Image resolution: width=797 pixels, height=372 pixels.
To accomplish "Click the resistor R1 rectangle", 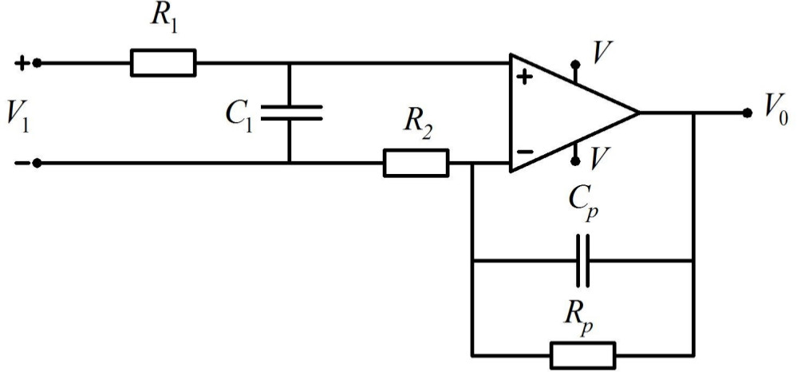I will (x=163, y=62).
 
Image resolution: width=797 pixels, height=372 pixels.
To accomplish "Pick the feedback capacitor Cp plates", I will (x=583, y=260).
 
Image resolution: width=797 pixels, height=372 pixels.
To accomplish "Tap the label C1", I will (x=238, y=116).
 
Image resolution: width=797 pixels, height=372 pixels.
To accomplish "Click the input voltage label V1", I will (x=18, y=115).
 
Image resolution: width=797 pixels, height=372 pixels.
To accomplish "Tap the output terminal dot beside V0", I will (x=747, y=113).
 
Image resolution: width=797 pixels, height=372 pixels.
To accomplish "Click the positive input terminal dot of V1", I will (x=36, y=62).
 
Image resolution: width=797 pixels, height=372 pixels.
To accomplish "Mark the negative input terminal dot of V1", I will (x=36, y=163).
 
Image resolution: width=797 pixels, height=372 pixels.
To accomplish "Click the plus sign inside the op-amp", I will (x=525, y=77).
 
